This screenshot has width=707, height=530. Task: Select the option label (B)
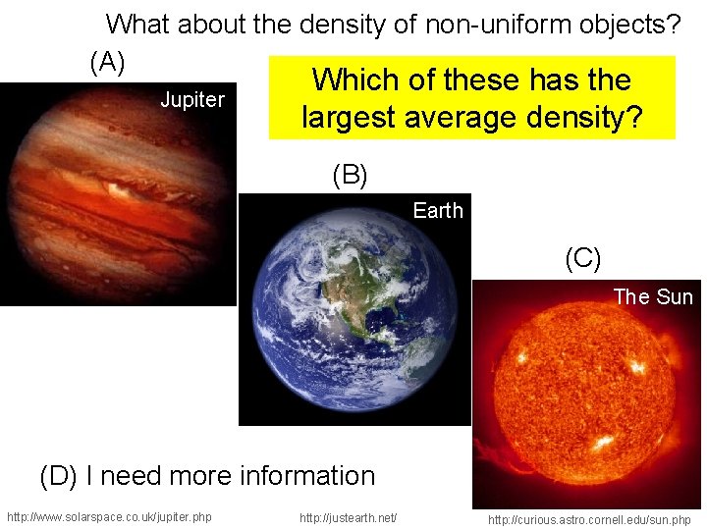(350, 176)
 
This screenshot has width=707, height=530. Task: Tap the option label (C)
(582, 258)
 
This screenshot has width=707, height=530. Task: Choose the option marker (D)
(58, 477)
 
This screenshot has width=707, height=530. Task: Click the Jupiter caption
(192, 100)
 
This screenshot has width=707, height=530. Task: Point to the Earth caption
(438, 210)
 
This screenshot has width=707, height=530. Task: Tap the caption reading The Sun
(653, 296)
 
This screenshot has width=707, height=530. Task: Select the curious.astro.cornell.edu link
(589, 519)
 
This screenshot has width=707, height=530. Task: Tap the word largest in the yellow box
(349, 118)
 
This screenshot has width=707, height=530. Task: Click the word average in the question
(464, 118)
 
